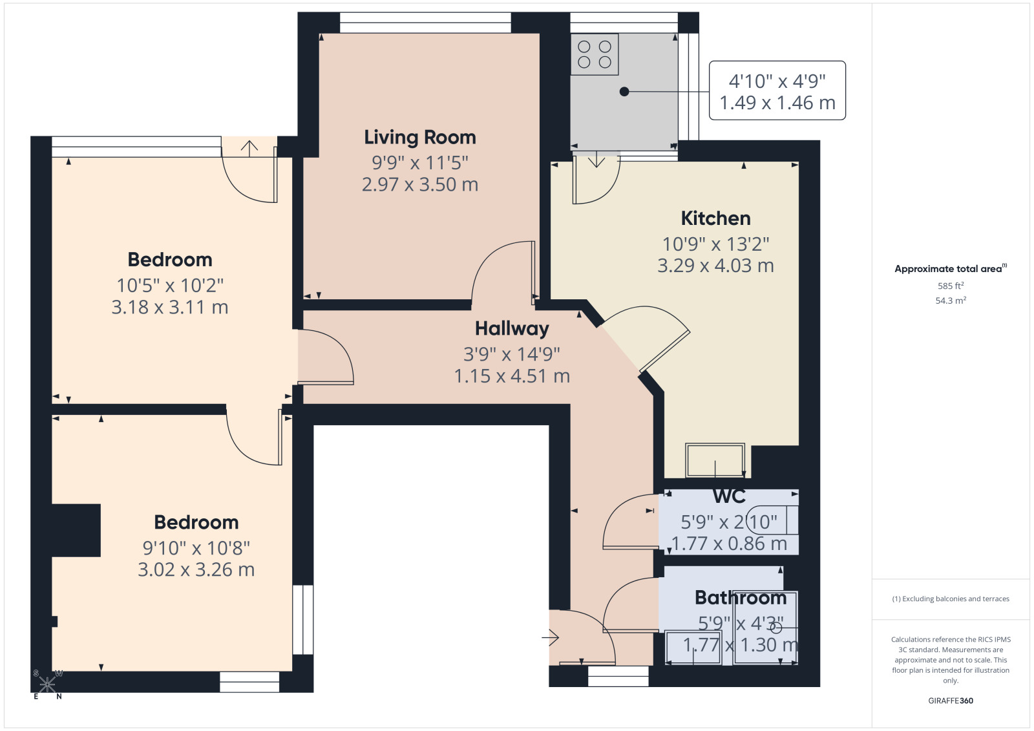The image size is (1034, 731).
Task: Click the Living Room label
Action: (420, 138)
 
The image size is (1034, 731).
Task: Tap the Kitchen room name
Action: (716, 218)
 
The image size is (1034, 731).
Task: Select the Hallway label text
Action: (512, 329)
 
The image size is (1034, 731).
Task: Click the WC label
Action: (730, 496)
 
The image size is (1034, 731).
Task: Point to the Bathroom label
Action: (741, 598)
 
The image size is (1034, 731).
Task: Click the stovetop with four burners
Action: (595, 54)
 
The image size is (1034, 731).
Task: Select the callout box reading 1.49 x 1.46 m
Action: (777, 90)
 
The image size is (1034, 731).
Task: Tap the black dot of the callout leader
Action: (624, 91)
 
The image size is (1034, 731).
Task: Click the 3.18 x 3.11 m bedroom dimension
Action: (170, 308)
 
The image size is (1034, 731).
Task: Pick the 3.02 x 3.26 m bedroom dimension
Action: (196, 570)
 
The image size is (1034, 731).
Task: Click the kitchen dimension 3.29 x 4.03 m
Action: (715, 266)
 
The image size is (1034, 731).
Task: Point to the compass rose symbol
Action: (47, 684)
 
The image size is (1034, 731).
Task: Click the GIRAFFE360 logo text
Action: (951, 701)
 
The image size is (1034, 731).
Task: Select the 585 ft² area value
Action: (951, 286)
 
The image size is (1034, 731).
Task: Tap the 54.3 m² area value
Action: (951, 301)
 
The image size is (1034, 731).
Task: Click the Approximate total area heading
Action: (951, 269)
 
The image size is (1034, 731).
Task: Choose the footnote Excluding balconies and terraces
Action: (951, 599)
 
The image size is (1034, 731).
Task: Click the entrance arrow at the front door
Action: (550, 638)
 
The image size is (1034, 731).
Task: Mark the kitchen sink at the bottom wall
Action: (715, 460)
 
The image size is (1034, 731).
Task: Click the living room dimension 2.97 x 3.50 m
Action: (420, 185)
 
